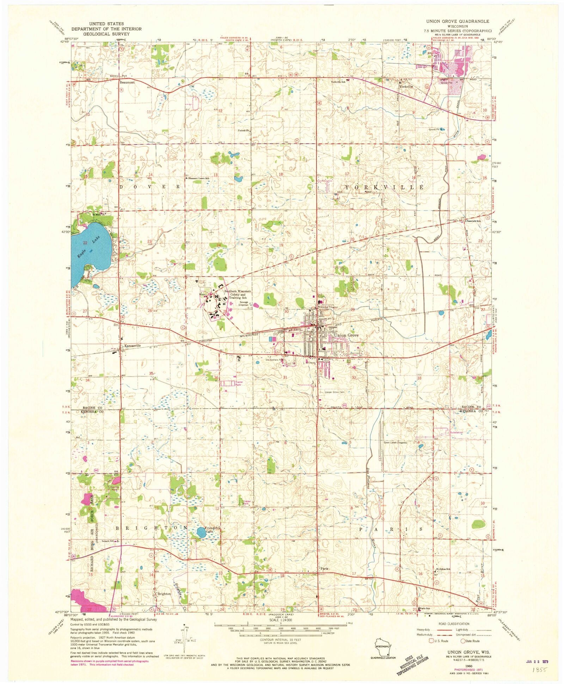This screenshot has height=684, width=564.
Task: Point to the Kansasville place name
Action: (x=133, y=346)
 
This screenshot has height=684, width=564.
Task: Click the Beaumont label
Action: (x=127, y=82)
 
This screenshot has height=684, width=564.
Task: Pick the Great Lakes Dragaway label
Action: (x=396, y=442)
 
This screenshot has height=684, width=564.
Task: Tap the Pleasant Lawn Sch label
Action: (x=198, y=178)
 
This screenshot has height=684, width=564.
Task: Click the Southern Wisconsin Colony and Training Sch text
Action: (x=238, y=294)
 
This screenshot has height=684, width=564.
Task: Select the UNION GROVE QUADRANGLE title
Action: (x=457, y=22)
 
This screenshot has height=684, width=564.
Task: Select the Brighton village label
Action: (x=164, y=594)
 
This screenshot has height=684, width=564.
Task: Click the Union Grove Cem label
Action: (x=334, y=392)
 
